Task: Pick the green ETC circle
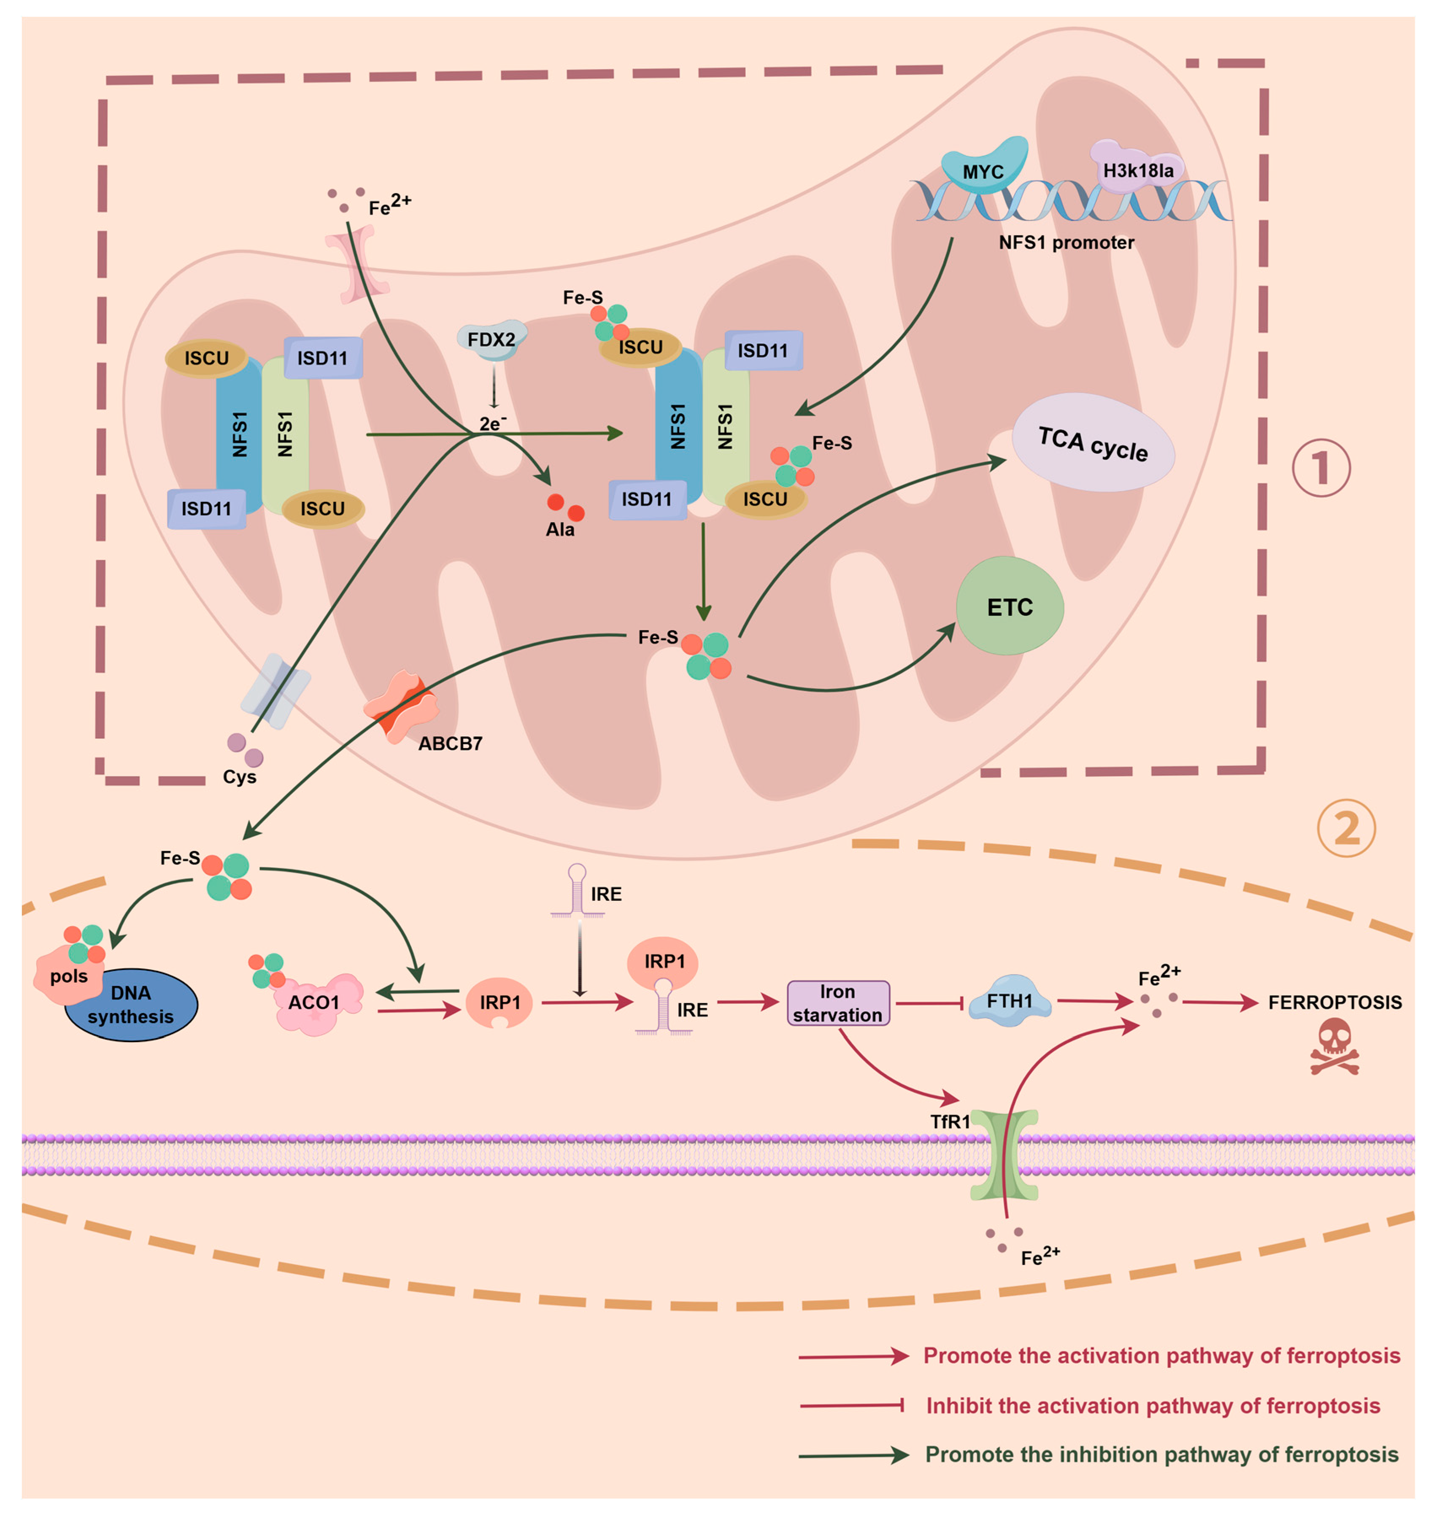(1010, 606)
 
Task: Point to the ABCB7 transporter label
(450, 743)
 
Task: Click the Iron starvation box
(838, 1003)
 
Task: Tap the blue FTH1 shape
(1010, 1001)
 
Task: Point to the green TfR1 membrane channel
(1004, 1155)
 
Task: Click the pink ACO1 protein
(316, 1003)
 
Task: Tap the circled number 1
(1321, 468)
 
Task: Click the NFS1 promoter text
(1066, 243)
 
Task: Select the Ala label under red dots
(560, 529)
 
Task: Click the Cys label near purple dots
(239, 777)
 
